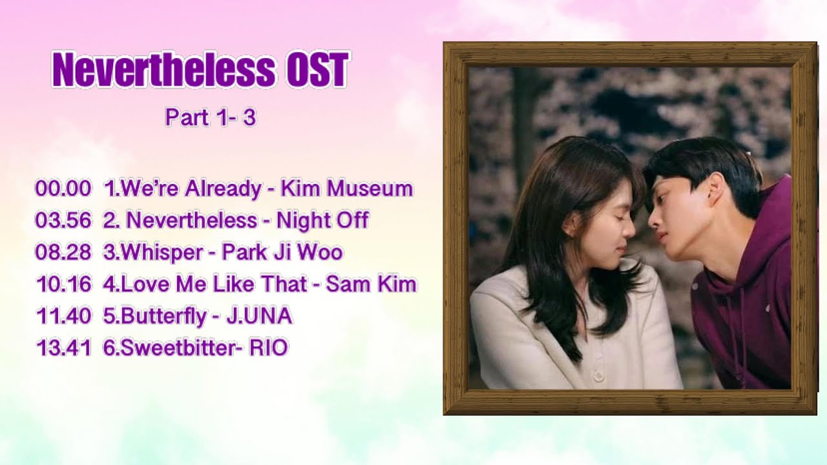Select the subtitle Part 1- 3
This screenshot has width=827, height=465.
pos(211,118)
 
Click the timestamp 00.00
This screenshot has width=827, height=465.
pos(63,189)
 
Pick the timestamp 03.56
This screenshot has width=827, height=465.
pos(63,220)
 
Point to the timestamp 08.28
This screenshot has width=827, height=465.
pos(63,252)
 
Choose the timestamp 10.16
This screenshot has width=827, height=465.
pos(63,284)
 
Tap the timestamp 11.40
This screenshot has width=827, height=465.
pos(63,316)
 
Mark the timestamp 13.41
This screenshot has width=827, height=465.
pos(63,348)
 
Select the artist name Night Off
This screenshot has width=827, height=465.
pos(322,220)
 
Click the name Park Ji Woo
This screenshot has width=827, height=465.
pos(282,252)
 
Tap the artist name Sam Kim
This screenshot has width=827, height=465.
pos(371,284)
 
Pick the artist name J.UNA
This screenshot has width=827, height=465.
pos(258,316)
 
